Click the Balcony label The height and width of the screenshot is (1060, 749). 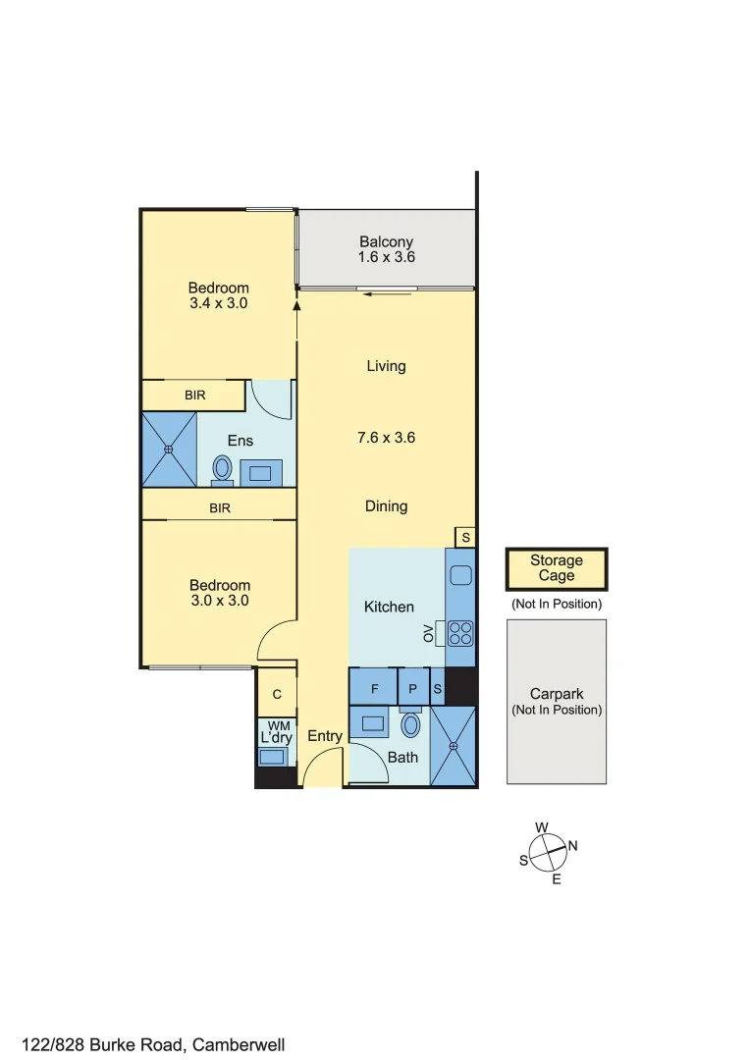386,241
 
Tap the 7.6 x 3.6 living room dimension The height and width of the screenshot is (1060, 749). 386,438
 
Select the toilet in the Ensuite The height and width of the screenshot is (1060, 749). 222,468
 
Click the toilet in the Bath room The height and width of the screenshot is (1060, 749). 411,725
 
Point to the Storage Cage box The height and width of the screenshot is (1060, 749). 557,568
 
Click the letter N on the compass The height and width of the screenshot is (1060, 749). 573,846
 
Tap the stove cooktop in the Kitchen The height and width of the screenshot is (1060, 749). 460,633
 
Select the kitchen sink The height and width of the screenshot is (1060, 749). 460,577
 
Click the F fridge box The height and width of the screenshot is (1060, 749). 373,689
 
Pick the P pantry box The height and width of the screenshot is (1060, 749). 413,689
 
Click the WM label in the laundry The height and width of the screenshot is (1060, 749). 278,724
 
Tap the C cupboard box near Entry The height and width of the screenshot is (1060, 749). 277,694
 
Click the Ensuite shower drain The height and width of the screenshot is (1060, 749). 169,450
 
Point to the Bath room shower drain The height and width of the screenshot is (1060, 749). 454,747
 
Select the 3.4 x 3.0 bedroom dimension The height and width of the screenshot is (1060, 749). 218,303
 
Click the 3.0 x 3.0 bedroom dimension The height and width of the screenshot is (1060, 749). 219,601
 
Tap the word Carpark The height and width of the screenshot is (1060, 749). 557,693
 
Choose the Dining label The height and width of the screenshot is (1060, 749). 386,506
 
